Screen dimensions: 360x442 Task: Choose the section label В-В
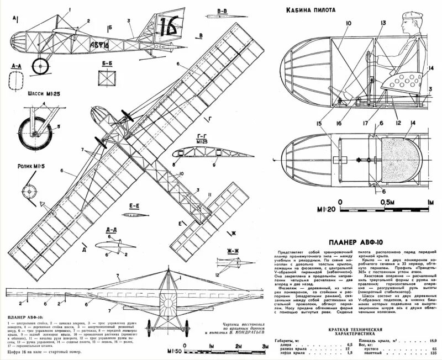223,11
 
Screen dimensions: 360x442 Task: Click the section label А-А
18,65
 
